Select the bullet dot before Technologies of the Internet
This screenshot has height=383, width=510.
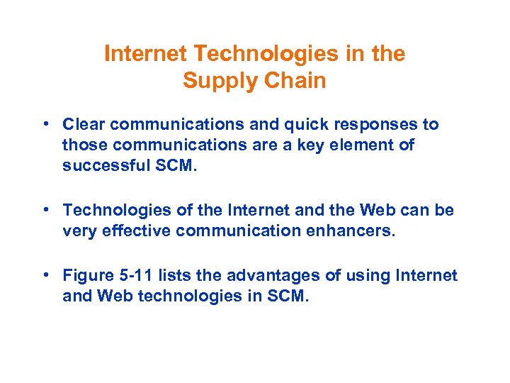point(44,210)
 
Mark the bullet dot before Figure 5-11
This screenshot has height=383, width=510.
point(44,274)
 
